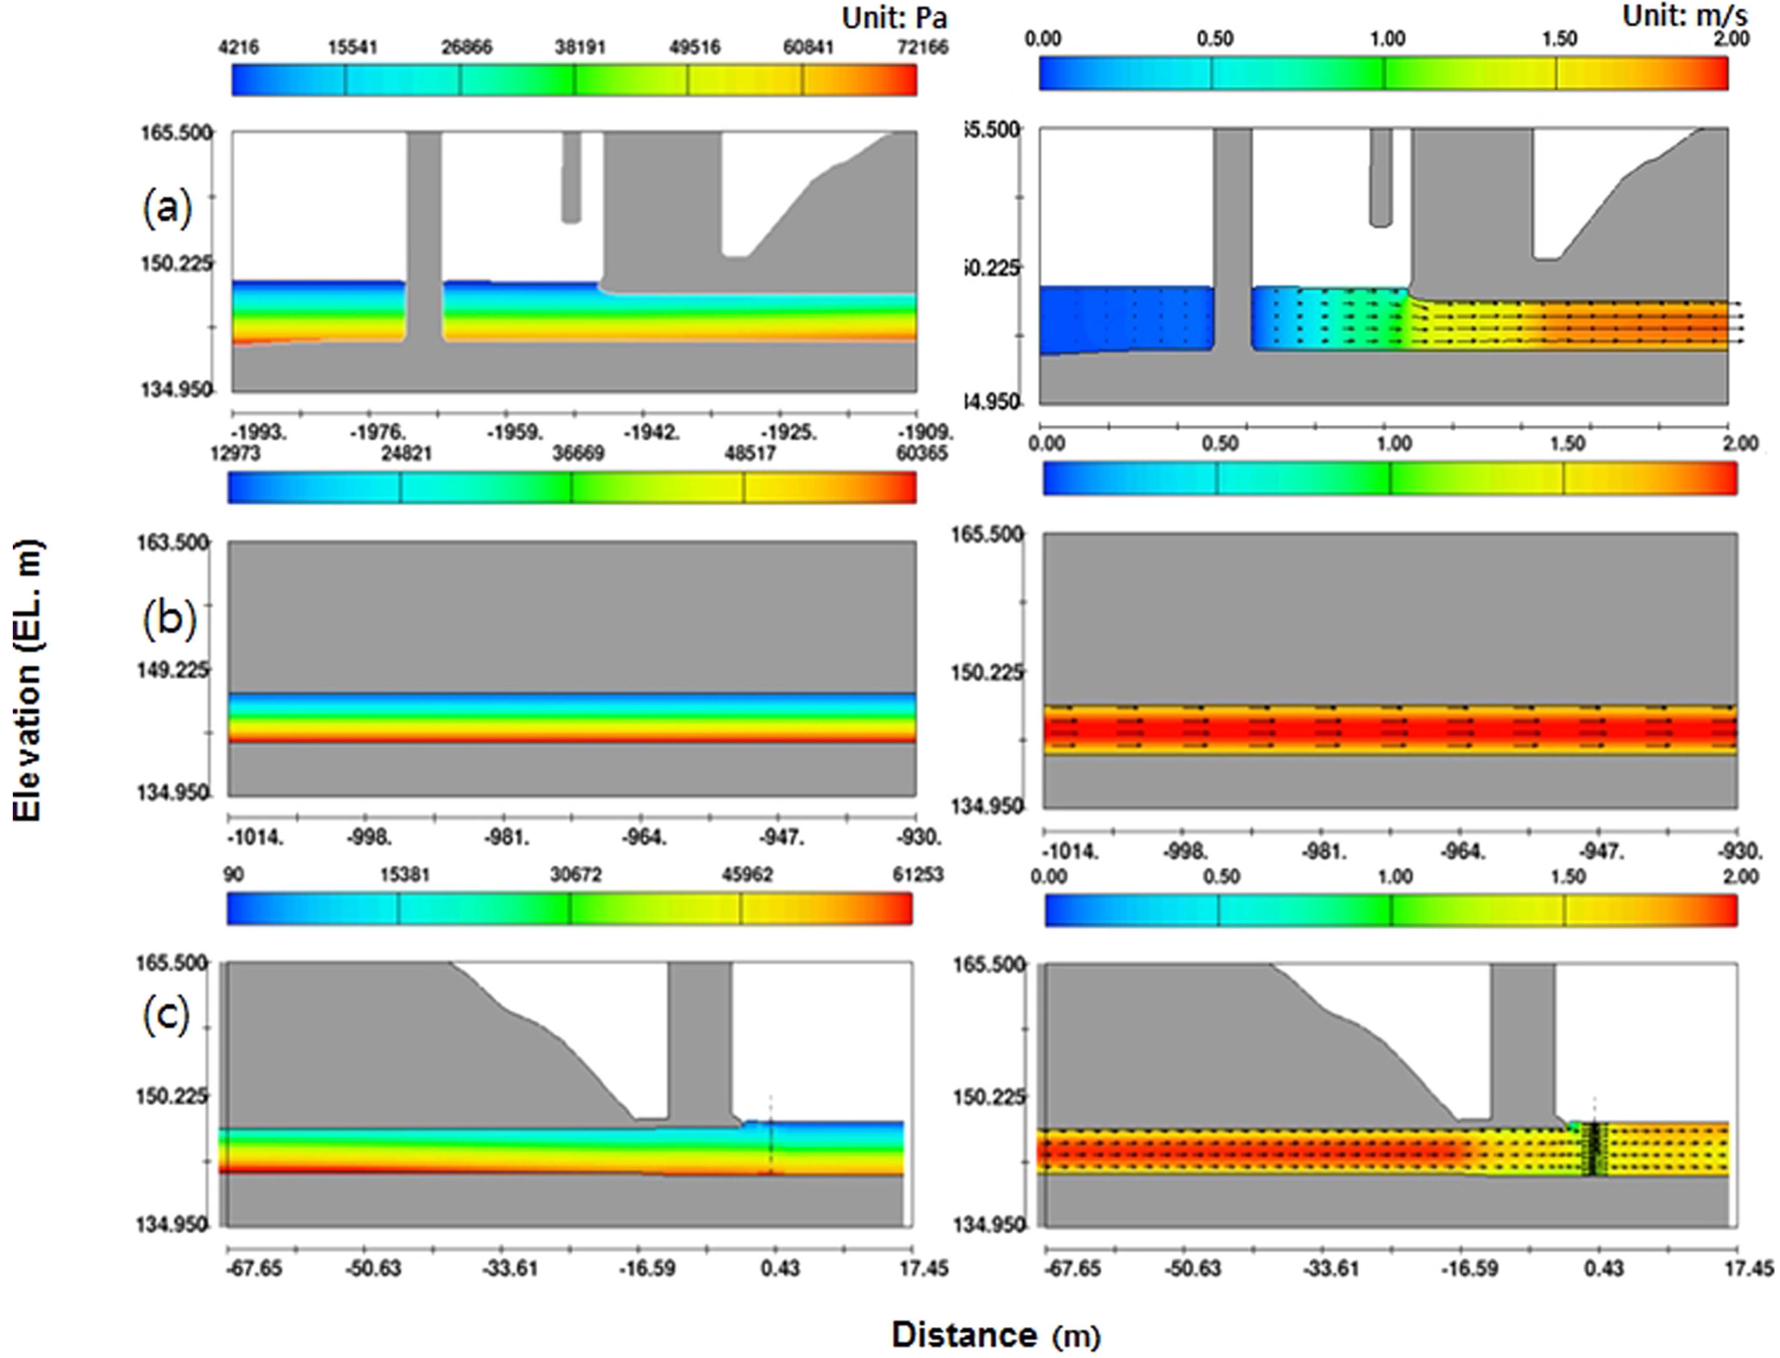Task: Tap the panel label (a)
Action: pyautogui.click(x=167, y=209)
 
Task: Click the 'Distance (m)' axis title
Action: pyautogui.click(x=996, y=1334)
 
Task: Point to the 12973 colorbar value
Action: pyautogui.click(x=235, y=453)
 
